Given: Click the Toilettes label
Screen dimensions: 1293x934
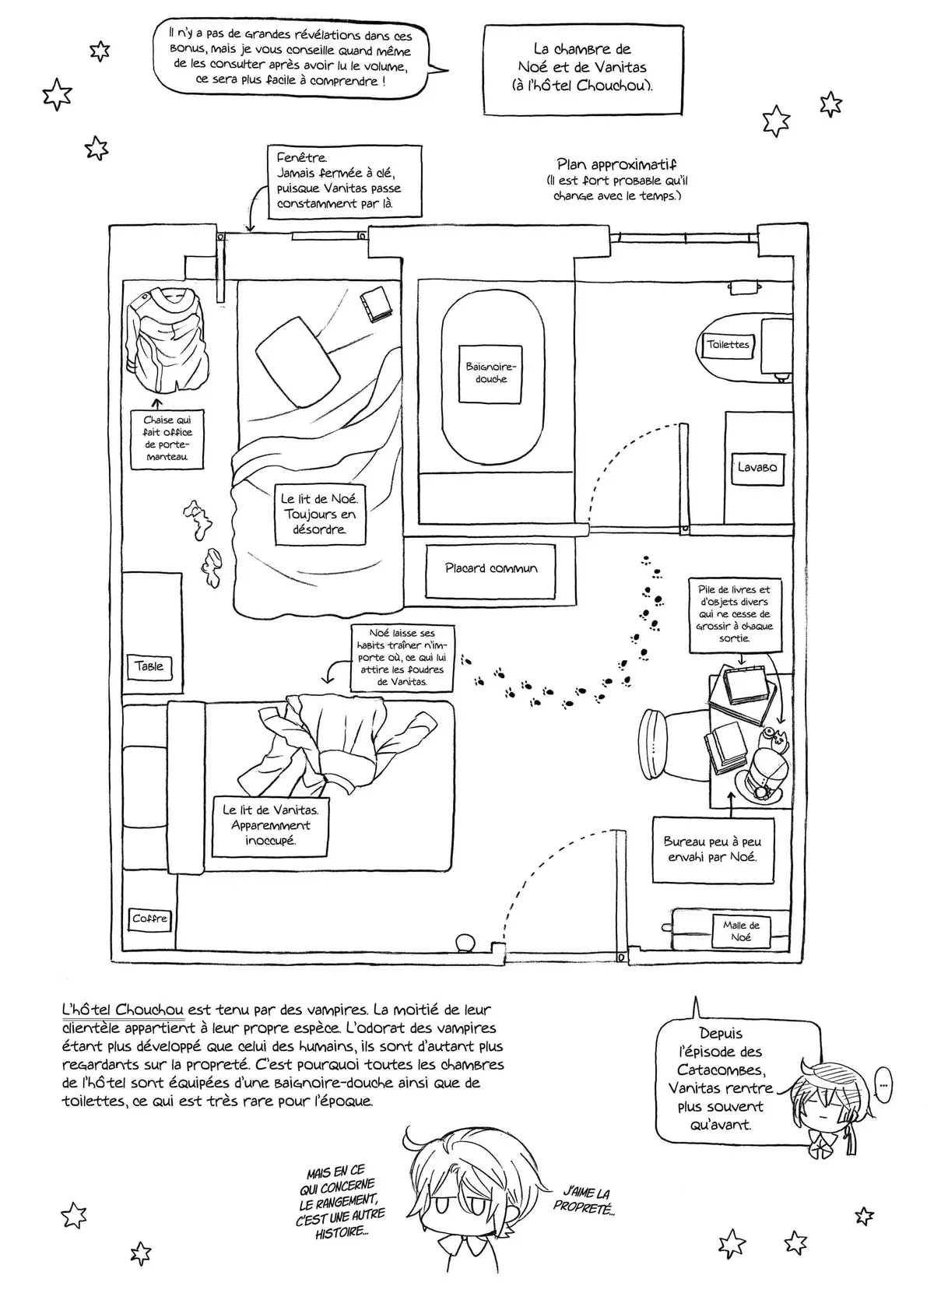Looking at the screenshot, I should tap(728, 344).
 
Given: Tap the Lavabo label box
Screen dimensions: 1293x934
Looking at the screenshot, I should tap(757, 468).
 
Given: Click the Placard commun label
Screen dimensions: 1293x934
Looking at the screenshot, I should tap(491, 568).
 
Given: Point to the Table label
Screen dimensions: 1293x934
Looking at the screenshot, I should tap(149, 666).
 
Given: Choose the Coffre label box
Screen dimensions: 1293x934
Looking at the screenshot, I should tap(149, 919).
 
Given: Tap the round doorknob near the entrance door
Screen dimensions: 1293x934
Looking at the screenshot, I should tap(465, 942).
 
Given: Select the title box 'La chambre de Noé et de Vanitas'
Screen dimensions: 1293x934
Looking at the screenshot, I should tap(583, 68).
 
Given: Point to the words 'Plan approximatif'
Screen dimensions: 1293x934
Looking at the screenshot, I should tap(616, 164).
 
